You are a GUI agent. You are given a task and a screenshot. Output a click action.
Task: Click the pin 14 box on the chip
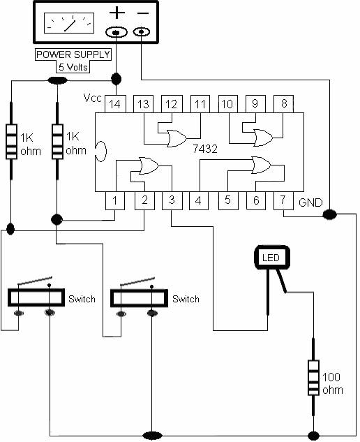click(115, 104)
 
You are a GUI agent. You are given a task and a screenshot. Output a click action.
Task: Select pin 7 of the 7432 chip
click(283, 200)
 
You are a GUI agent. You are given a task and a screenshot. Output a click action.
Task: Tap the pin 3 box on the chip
click(172, 200)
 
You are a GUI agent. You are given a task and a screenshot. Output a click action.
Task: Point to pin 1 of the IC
click(115, 200)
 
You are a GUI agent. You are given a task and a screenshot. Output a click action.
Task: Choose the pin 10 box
click(228, 104)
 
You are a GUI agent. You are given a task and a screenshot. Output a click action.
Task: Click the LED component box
click(272, 257)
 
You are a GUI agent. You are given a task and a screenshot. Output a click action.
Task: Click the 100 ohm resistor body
click(313, 378)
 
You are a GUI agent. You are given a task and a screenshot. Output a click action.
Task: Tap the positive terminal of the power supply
click(117, 32)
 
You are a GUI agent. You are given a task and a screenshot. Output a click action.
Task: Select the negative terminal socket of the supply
click(142, 32)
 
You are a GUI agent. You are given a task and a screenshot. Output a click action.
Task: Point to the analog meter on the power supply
click(69, 23)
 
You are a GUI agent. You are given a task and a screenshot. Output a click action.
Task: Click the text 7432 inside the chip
click(205, 149)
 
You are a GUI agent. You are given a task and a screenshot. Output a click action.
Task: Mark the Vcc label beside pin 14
click(93, 98)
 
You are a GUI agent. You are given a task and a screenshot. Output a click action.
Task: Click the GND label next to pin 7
click(310, 202)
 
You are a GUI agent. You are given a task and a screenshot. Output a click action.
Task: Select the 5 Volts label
click(73, 67)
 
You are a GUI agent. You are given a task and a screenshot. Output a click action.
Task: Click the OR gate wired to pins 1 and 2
click(149, 165)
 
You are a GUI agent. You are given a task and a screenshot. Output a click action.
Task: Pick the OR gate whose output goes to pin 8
click(264, 138)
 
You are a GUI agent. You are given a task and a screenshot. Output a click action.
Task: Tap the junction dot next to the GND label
click(329, 214)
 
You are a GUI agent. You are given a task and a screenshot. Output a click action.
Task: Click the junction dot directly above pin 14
click(116, 79)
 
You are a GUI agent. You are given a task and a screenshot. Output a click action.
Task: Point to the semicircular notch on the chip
click(101, 152)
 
